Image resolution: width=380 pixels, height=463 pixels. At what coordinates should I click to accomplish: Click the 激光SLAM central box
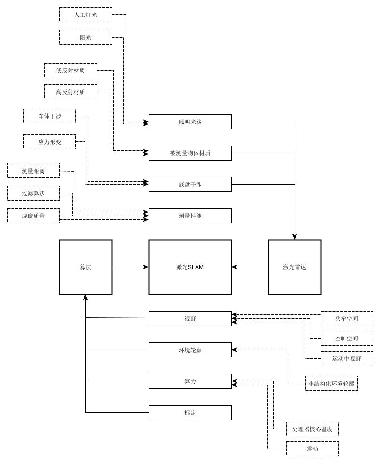(x=190, y=267)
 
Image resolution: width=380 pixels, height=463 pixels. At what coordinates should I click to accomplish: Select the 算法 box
(x=85, y=267)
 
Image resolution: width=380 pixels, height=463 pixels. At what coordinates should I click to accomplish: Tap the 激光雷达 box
(x=295, y=267)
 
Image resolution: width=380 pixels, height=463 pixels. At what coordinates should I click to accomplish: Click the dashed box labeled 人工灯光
(x=85, y=15)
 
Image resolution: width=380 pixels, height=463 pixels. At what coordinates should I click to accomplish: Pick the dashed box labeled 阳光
(x=85, y=38)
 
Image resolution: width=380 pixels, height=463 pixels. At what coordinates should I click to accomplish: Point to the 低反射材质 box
(x=70, y=70)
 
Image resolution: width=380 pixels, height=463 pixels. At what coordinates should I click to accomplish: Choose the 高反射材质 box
(x=70, y=92)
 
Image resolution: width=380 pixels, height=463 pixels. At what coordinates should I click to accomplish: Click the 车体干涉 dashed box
(x=49, y=116)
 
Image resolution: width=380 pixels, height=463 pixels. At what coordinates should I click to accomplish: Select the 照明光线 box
(x=190, y=122)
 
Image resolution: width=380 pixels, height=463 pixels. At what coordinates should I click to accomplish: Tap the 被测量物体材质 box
(x=190, y=153)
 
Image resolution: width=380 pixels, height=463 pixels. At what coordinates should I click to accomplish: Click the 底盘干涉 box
(x=190, y=185)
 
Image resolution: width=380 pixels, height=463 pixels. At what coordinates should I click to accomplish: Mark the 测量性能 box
(x=190, y=216)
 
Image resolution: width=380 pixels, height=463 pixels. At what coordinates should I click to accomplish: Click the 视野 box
(x=190, y=319)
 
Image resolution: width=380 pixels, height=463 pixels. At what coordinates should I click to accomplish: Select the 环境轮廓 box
(x=190, y=350)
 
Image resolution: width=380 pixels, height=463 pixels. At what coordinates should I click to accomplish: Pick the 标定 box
(x=190, y=412)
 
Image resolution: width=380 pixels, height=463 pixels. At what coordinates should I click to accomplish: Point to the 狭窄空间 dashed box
(x=347, y=319)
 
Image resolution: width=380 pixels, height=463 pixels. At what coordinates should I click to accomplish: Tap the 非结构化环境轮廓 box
(x=331, y=383)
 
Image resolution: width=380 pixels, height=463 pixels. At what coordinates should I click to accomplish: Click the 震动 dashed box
(x=312, y=449)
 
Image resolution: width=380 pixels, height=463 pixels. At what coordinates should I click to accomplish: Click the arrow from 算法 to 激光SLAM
(x=130, y=267)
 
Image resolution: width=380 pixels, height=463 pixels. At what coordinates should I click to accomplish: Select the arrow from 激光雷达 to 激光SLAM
(x=250, y=267)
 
